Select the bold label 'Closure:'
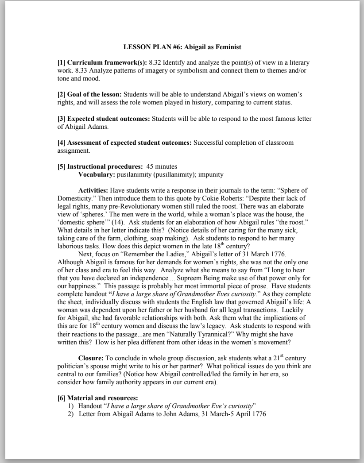91,357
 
